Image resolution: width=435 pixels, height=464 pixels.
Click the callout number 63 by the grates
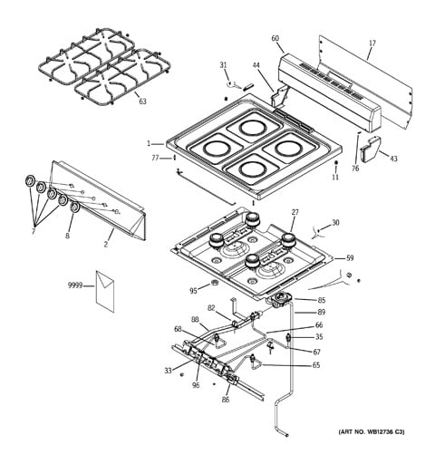tap(142, 101)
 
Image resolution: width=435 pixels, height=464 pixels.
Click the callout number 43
tap(393, 159)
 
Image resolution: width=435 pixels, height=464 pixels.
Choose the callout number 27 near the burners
tap(295, 212)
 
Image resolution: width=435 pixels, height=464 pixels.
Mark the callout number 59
tap(351, 257)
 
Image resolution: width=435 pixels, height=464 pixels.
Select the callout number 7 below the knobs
tap(34, 232)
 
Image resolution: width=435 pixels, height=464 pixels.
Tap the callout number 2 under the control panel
tap(106, 245)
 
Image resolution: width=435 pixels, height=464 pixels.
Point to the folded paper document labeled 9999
tap(105, 289)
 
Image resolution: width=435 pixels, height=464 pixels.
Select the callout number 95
tap(193, 291)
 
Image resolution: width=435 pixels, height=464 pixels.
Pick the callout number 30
tap(335, 223)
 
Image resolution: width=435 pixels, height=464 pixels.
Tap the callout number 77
tap(155, 158)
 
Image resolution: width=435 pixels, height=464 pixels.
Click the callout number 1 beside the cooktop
tap(149, 143)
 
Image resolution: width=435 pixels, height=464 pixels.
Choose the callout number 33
tap(168, 370)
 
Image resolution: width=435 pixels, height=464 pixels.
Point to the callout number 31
tap(223, 64)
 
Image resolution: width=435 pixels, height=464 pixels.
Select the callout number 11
tap(335, 177)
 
